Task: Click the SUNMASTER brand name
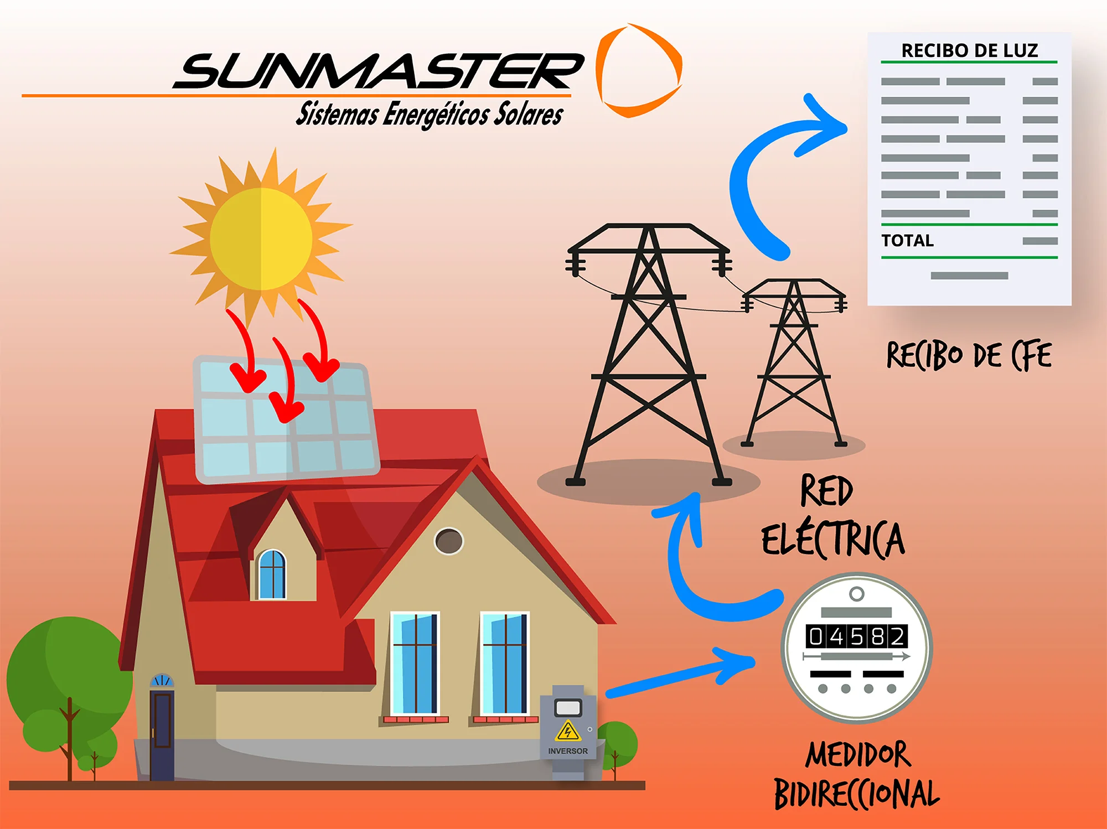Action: tap(379, 71)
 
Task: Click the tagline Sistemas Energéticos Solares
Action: tap(430, 114)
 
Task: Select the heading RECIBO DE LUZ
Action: tap(970, 50)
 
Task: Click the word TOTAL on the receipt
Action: tap(908, 241)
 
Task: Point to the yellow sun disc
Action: tap(261, 239)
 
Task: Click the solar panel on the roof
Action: tap(286, 419)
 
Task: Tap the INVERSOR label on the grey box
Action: tap(568, 751)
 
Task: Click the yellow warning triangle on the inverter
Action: tap(568, 731)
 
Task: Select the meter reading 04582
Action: tap(857, 636)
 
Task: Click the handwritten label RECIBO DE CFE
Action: tap(969, 355)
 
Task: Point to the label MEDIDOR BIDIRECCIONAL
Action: tap(857, 775)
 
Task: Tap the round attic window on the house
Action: tap(449, 541)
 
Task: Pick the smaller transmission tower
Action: tap(794, 362)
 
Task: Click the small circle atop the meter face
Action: tap(857, 594)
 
